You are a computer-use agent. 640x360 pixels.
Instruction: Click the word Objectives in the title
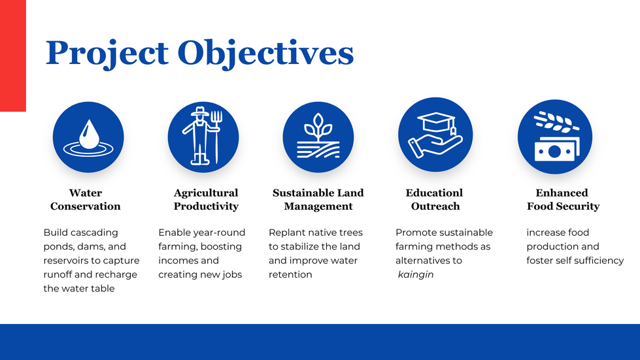tap(265, 54)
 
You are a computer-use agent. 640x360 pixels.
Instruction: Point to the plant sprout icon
tap(318, 137)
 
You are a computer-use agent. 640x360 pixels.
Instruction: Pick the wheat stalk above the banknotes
tap(556, 122)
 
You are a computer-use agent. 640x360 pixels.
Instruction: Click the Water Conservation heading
tap(85, 199)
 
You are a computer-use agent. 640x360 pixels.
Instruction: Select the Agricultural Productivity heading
tap(206, 199)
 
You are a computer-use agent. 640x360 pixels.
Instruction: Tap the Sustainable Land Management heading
tap(318, 199)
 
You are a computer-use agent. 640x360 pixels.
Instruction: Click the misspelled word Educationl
tap(434, 193)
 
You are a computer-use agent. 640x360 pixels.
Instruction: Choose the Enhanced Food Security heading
tap(563, 199)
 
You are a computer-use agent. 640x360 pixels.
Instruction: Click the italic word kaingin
tap(416, 275)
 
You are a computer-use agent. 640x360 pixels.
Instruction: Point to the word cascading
tap(93, 233)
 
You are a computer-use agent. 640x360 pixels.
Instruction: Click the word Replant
tap(284, 233)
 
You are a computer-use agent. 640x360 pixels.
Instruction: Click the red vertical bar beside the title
tap(13, 56)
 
